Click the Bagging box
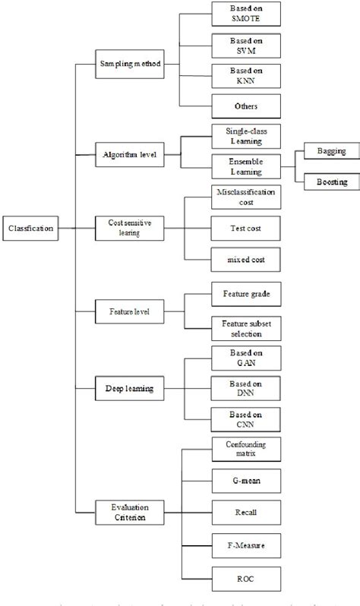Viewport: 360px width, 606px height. [x=331, y=151]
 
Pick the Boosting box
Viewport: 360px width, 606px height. [x=331, y=182]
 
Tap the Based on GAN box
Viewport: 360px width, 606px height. [x=235, y=358]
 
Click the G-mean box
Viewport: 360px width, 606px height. [x=235, y=481]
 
